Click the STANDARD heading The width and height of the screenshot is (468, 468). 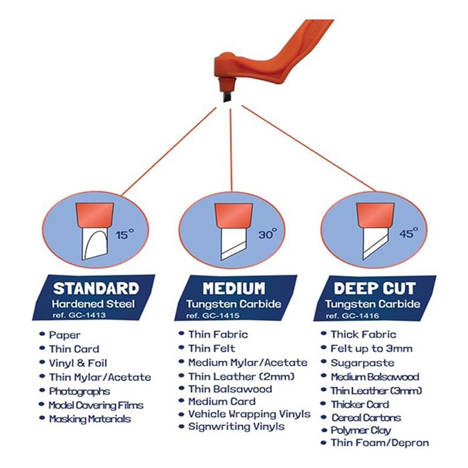[x=96, y=289]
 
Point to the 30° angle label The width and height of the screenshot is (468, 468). [x=267, y=235]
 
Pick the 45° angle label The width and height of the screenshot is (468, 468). [x=408, y=233]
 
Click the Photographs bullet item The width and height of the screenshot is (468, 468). [x=79, y=391]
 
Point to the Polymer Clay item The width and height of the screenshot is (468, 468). [x=361, y=430]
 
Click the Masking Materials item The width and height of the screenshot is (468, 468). [x=90, y=419]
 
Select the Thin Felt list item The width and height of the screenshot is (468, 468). [x=212, y=348]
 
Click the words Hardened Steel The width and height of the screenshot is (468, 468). [x=96, y=304]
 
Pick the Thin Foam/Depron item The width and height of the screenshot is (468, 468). [x=380, y=443]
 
